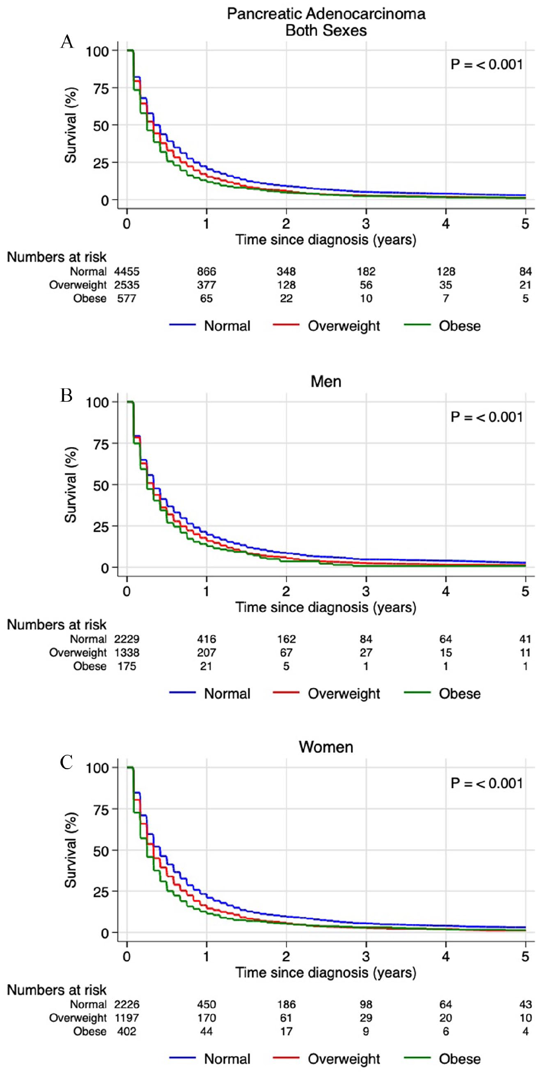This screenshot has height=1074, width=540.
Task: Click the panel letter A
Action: coord(67,42)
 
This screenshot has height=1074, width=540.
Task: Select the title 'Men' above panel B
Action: coord(326,381)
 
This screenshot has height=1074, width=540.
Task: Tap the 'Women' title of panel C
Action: coord(326,747)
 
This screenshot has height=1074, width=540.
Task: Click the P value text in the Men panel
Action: coord(487,417)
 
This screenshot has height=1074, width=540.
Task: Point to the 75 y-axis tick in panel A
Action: coord(101,89)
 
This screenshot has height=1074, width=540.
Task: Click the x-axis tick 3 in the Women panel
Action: coord(366,957)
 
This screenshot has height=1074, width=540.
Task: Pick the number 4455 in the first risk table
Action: coord(127,271)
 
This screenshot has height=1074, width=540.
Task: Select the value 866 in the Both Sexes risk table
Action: coord(206,271)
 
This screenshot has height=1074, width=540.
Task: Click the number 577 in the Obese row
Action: coord(127,299)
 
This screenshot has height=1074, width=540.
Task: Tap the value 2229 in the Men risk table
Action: coord(127,639)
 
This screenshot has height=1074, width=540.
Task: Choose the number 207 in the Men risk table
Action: coord(206,653)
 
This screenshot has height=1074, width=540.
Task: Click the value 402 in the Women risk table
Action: coord(127,1032)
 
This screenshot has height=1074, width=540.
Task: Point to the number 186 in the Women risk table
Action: coord(286,1005)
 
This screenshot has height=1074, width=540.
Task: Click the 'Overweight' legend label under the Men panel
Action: coord(344,694)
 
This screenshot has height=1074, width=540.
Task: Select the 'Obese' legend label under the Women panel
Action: coord(459,1059)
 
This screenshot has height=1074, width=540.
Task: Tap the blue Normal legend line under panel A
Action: coord(182,325)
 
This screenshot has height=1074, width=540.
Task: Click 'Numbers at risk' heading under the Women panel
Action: coord(57,990)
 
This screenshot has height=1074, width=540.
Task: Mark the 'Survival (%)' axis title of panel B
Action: coord(71,485)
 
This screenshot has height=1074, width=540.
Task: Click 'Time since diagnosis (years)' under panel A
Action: coord(326,240)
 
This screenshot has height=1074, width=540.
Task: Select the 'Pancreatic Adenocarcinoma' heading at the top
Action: coord(326,14)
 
